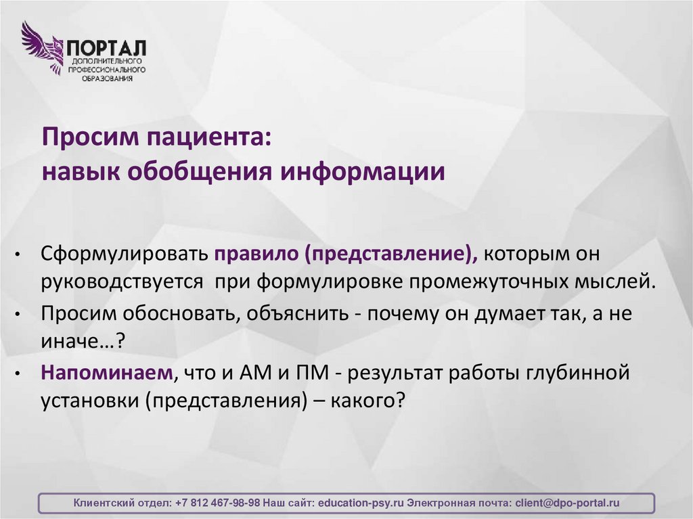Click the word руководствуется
122,280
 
